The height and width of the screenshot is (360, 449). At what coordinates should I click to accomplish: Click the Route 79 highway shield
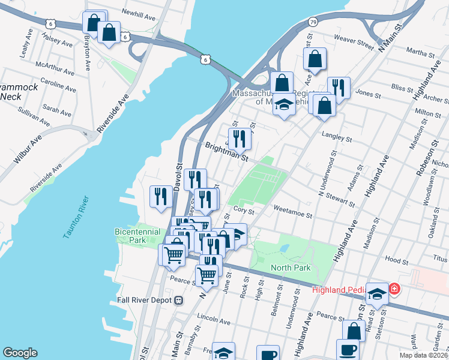click(x=313, y=22)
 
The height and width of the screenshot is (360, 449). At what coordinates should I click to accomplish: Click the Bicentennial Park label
click(x=137, y=235)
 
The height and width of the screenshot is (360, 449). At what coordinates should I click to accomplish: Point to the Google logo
click(x=20, y=353)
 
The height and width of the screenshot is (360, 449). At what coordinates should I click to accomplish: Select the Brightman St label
click(x=226, y=152)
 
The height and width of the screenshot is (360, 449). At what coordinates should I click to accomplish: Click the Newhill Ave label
click(x=138, y=11)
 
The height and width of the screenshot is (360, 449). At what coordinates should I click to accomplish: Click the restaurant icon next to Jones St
click(x=339, y=88)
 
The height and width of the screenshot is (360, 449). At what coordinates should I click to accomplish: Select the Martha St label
click(x=420, y=54)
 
